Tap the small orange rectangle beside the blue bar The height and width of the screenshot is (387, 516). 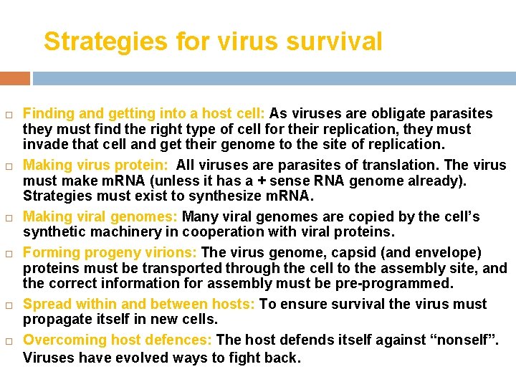(x=14, y=77)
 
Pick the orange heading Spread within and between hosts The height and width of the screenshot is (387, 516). (x=139, y=305)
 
